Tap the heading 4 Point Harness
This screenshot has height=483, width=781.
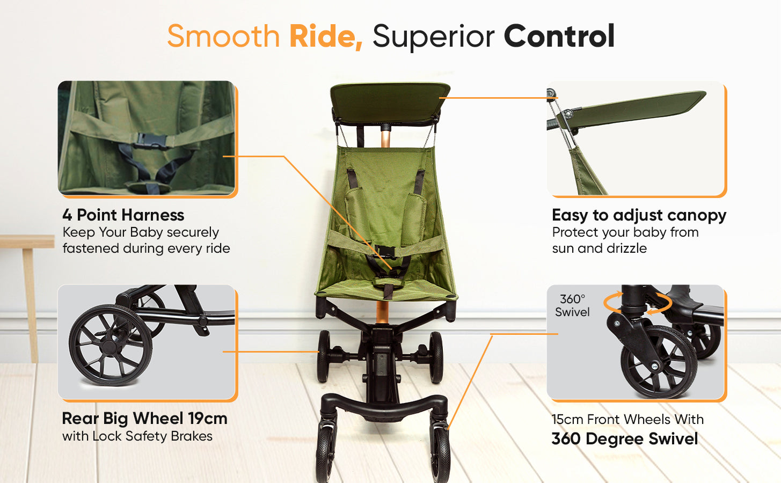[123, 215]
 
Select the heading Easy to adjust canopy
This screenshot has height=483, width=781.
[639, 215]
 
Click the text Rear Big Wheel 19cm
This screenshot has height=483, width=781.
[145, 419]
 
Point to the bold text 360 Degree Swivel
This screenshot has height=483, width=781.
[625, 439]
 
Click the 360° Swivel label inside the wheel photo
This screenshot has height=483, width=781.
[572, 305]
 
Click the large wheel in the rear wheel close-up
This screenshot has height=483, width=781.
[111, 345]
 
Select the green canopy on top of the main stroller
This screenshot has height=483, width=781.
[390, 103]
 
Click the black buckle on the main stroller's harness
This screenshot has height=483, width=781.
[386, 251]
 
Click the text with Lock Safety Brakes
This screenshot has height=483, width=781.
[137, 436]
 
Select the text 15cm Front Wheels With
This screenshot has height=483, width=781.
[627, 419]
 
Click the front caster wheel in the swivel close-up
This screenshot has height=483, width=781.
[659, 362]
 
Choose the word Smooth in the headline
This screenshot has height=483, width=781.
[223, 36]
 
